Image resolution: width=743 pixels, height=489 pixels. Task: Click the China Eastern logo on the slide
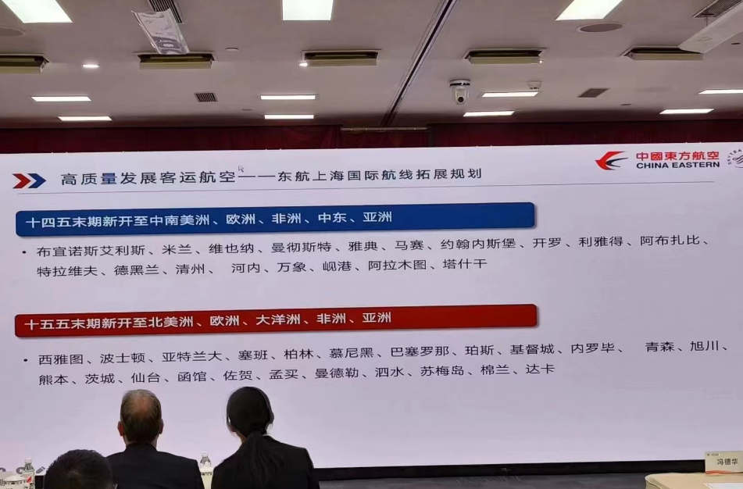[656, 160]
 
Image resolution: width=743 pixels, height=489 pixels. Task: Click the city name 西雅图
[61, 359]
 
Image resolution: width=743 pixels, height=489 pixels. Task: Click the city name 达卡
[540, 369]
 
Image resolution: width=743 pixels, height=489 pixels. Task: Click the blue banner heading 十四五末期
[273, 220]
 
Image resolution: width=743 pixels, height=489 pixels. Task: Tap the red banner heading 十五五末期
[273, 320]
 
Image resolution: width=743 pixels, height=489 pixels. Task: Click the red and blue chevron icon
[29, 180]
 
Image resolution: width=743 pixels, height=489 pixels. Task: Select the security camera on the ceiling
[459, 91]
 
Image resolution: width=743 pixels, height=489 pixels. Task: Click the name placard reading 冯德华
[723, 462]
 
